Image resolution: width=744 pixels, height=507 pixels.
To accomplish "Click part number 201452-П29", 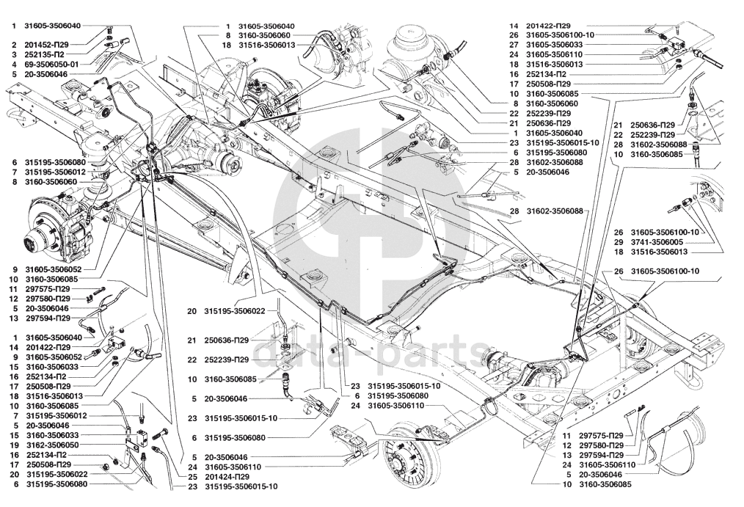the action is pyautogui.click(x=47, y=45).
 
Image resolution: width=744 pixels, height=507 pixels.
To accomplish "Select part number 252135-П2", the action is pyautogui.click(x=45, y=54).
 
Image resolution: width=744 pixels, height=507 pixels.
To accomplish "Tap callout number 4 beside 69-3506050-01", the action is pyautogui.click(x=14, y=65).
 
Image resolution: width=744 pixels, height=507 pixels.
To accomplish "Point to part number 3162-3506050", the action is pyautogui.click(x=52, y=445).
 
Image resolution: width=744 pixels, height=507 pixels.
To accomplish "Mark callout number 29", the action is pyautogui.click(x=619, y=242).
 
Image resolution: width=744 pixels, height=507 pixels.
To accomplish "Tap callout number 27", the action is pyautogui.click(x=514, y=45).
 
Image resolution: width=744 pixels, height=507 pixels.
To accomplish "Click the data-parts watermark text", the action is pyautogui.click(x=365, y=354).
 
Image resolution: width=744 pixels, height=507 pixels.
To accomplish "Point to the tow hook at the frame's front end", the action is pyautogui.click(x=13, y=116).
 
